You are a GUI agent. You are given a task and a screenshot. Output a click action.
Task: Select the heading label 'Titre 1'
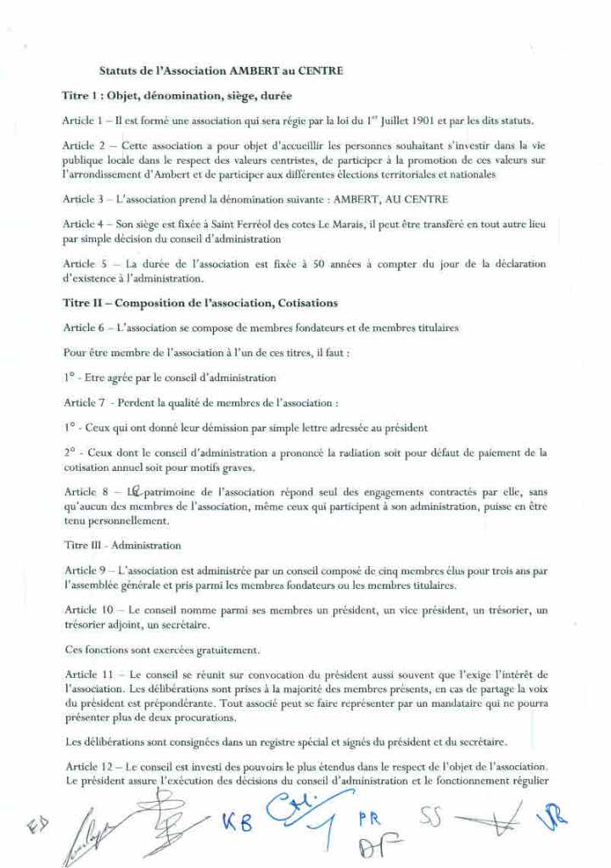coord(81,95)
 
